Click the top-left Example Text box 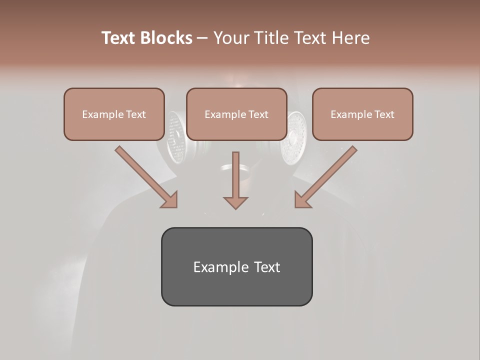coord(114,114)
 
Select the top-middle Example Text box coord(236,114)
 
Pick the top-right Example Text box coord(362,114)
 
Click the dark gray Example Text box coord(236,267)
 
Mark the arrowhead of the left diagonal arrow coord(170,200)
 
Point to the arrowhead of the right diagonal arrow coord(302,200)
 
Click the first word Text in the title coord(119,38)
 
